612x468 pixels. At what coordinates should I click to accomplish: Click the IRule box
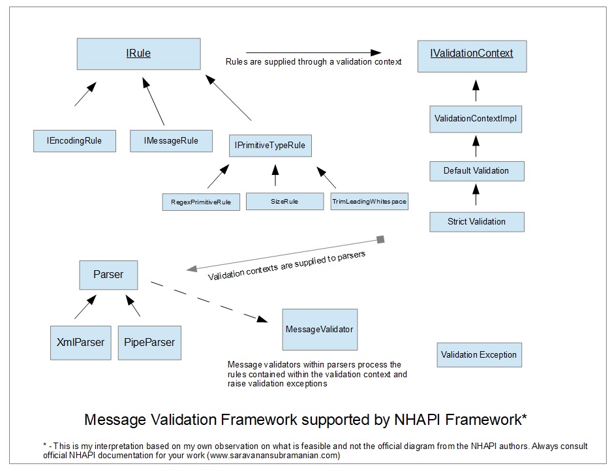138,54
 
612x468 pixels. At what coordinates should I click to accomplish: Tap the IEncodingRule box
74,141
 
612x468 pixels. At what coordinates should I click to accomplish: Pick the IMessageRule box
171,140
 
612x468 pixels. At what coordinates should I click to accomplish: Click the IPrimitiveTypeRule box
270,146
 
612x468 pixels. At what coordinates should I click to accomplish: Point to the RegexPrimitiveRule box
201,202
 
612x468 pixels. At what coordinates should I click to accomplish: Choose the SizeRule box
284,202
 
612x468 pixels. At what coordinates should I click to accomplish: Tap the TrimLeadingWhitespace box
369,202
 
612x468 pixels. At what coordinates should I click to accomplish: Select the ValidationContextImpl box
476,119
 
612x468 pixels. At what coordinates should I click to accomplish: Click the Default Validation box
476,171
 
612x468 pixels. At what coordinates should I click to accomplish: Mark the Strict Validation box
476,222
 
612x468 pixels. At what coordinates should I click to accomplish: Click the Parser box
108,275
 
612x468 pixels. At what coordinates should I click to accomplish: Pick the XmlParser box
81,342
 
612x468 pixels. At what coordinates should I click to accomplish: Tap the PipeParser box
149,342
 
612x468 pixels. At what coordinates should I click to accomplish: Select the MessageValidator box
320,329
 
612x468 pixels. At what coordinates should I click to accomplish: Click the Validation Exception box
479,355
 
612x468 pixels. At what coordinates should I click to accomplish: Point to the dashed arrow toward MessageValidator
209,302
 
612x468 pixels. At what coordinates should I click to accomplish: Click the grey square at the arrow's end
381,240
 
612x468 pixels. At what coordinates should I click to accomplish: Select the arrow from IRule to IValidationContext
313,52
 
